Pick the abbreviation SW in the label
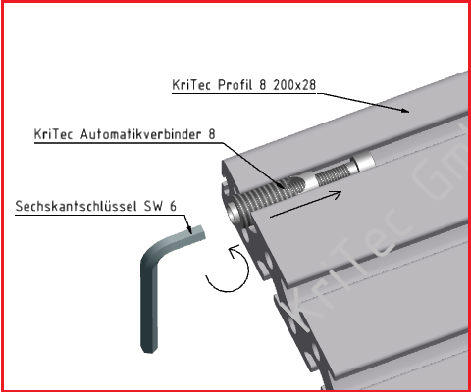161,207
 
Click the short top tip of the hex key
194,233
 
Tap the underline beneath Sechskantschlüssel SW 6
98,217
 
